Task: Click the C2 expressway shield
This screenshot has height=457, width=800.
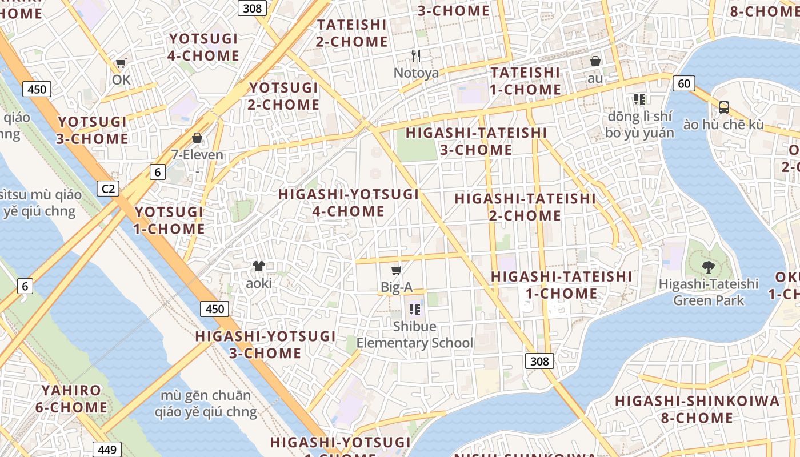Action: tap(107, 189)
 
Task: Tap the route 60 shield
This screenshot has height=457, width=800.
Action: tap(683, 83)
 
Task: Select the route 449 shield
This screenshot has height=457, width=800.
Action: tap(107, 449)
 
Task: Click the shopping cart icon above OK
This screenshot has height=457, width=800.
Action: tap(121, 63)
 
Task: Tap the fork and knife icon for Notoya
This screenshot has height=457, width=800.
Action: tap(416, 55)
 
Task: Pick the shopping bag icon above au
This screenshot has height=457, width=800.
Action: tap(595, 61)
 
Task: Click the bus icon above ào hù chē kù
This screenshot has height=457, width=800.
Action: tap(723, 107)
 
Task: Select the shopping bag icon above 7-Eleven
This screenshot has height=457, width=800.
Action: tap(197, 138)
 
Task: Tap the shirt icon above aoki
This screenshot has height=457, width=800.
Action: tap(259, 266)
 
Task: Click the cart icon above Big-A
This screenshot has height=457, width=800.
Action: tap(396, 270)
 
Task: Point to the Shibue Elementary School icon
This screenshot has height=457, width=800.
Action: tap(415, 310)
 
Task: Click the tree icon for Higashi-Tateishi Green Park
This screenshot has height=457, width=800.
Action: tap(708, 266)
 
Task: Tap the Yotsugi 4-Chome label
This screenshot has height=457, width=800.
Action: tap(203, 47)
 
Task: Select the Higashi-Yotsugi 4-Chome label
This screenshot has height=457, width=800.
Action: tap(349, 202)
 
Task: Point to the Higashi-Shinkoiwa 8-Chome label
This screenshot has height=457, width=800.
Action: tap(697, 409)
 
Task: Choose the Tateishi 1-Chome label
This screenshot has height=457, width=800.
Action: tap(525, 81)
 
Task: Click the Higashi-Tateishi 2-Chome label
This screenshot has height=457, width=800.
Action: tap(525, 207)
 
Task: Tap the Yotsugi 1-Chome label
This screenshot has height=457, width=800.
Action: tap(169, 221)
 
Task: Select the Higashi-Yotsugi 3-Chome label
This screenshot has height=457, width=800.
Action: tap(265, 344)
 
